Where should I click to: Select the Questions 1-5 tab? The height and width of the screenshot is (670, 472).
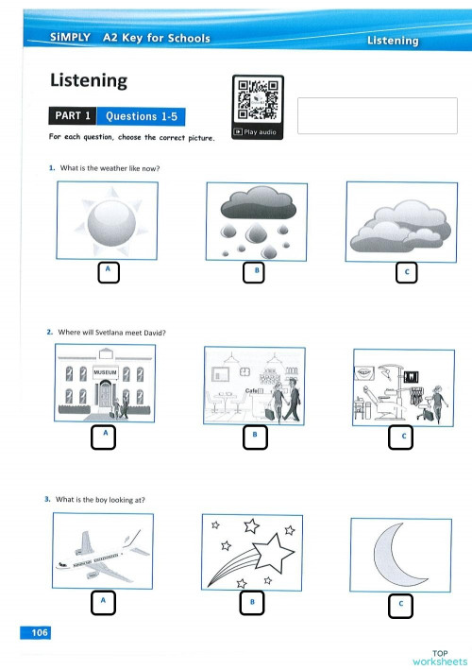142,116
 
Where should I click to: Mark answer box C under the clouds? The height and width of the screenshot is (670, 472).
406,273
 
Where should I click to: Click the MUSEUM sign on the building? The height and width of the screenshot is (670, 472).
105,372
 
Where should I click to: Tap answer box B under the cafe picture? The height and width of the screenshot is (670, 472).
253,437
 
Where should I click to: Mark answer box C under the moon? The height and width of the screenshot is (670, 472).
400,604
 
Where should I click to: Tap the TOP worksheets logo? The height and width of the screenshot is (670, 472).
439,657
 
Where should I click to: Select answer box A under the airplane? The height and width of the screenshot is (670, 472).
103,602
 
